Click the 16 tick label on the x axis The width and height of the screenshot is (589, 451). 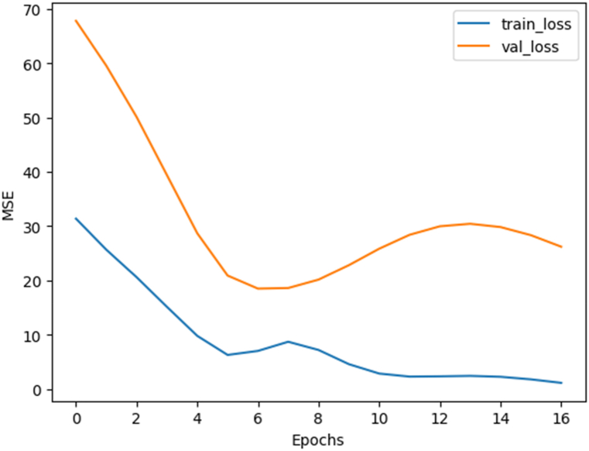(x=561, y=418)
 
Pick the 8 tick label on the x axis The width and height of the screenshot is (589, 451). (x=318, y=418)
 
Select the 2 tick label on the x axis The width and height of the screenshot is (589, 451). (x=136, y=418)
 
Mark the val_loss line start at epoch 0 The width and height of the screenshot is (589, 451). (x=76, y=21)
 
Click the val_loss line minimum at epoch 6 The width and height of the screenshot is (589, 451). (x=258, y=288)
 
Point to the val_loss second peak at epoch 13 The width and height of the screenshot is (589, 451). (x=470, y=224)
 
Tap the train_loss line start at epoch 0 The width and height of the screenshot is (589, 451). (x=76, y=219)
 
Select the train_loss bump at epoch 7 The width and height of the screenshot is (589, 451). (x=288, y=342)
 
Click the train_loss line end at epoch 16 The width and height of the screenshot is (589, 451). (x=561, y=383)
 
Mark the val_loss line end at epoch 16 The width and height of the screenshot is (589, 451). (x=561, y=247)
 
